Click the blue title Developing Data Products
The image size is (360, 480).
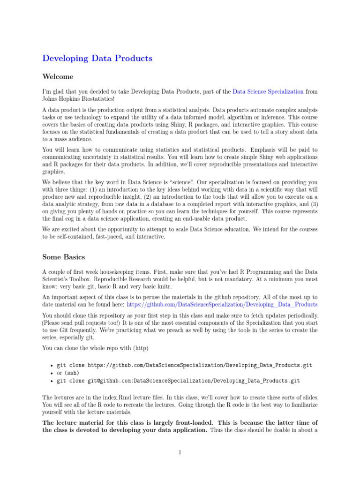pos(97,59)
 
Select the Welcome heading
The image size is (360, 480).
pos(58,76)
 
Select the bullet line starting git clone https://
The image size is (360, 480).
pos(184,365)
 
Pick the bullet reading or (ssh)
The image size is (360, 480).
pos(68,373)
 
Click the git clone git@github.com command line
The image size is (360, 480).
pos(178,381)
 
